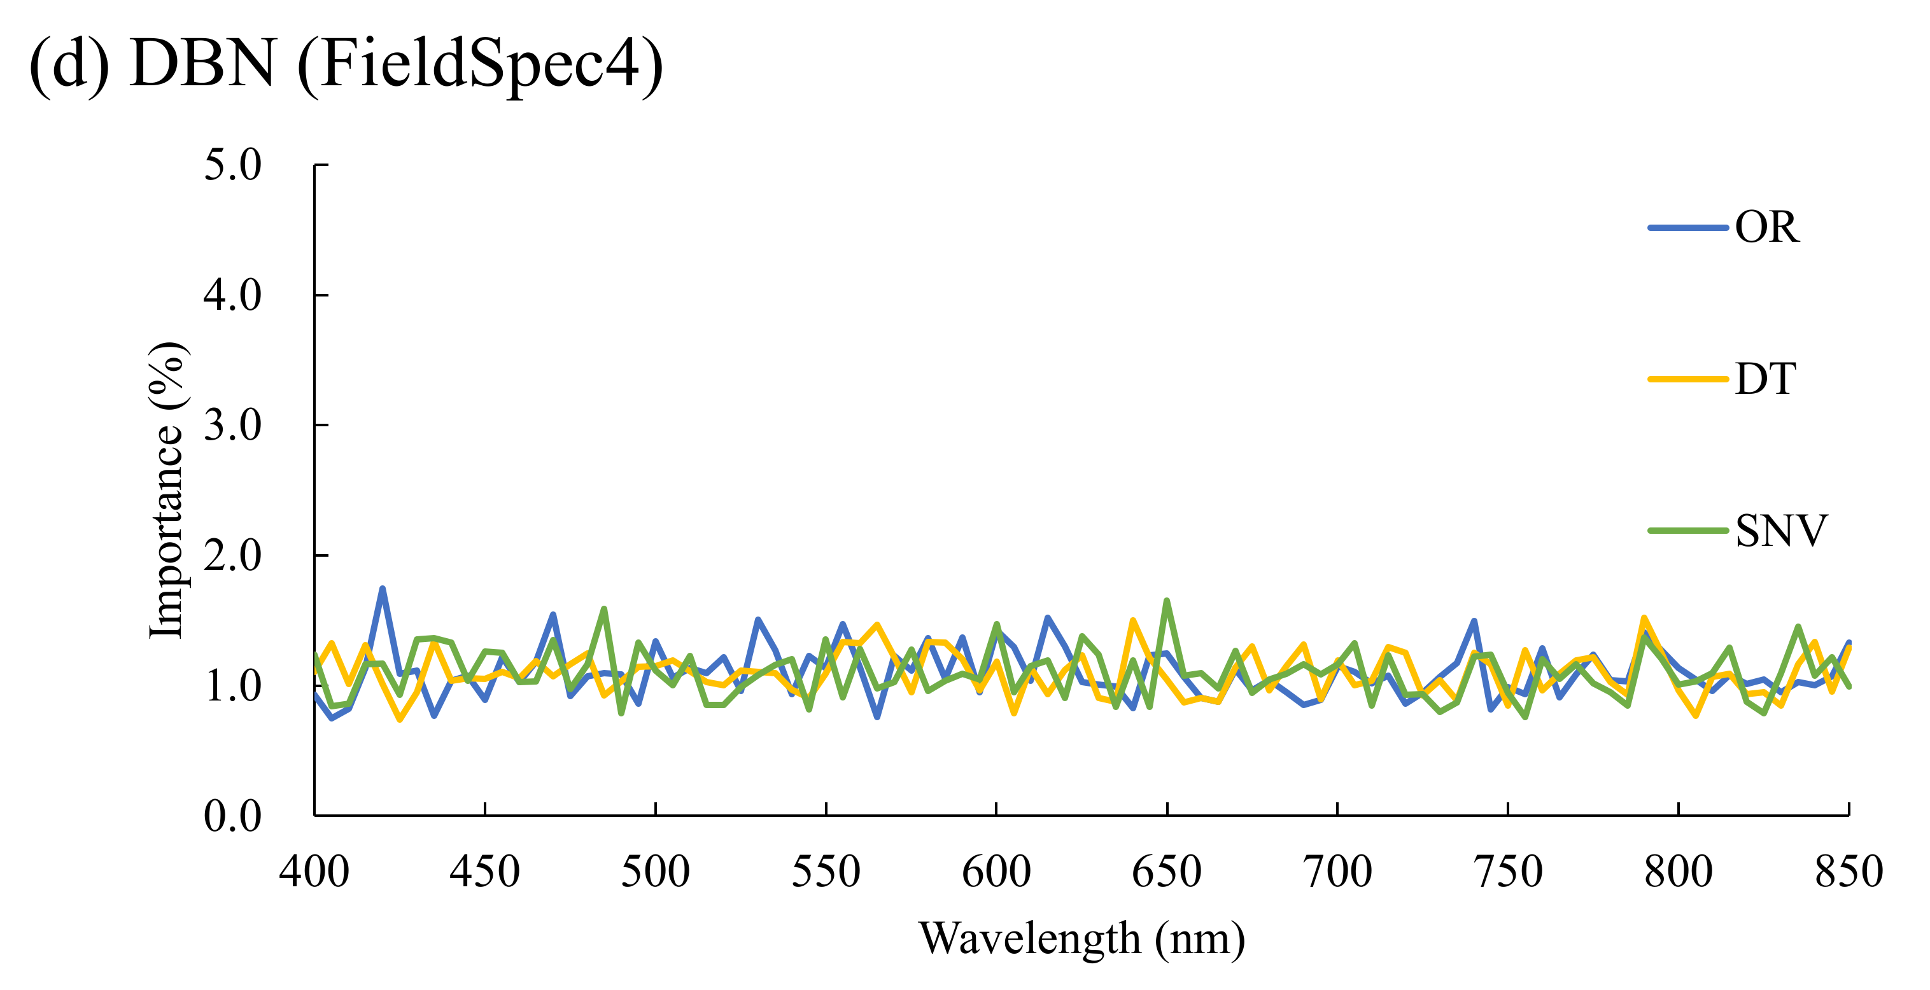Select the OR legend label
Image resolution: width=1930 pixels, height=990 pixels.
coord(1766,227)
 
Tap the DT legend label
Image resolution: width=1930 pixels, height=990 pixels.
coord(1764,379)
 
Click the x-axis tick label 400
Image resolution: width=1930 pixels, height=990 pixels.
coord(314,871)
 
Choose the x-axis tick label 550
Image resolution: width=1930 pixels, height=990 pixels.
coord(826,871)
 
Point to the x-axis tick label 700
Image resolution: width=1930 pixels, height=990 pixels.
coord(1337,871)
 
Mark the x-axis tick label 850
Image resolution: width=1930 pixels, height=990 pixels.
coord(1849,871)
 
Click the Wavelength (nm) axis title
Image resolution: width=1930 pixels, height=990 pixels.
coord(1081,938)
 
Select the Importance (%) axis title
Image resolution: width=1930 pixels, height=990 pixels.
coord(166,491)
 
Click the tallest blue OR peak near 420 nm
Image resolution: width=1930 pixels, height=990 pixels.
coord(382,589)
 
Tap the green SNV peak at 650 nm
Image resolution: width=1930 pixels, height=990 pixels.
coord(1167,601)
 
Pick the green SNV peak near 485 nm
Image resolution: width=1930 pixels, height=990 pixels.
coord(604,610)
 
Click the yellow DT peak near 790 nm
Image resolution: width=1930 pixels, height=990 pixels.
coord(1644,618)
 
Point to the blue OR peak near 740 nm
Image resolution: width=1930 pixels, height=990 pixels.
coord(1474,622)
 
